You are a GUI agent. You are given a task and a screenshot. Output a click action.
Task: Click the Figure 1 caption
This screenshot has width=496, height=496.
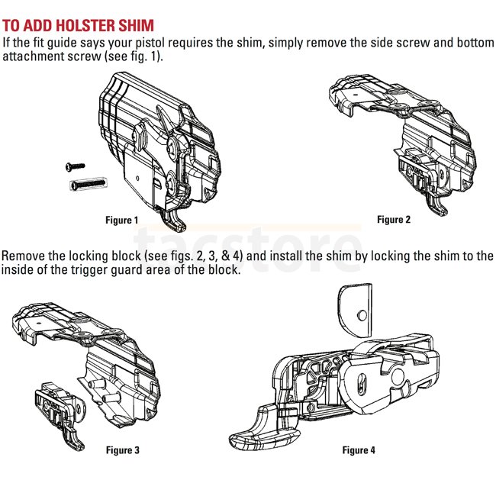point(122,221)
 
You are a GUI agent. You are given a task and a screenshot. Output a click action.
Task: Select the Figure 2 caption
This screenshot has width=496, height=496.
point(394,220)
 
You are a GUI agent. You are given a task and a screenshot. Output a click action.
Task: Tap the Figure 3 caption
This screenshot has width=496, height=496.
point(123,450)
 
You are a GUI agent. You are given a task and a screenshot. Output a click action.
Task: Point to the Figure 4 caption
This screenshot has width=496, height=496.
point(359,450)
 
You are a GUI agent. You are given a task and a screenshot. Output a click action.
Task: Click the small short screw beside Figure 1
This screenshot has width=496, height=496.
point(75,165)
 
